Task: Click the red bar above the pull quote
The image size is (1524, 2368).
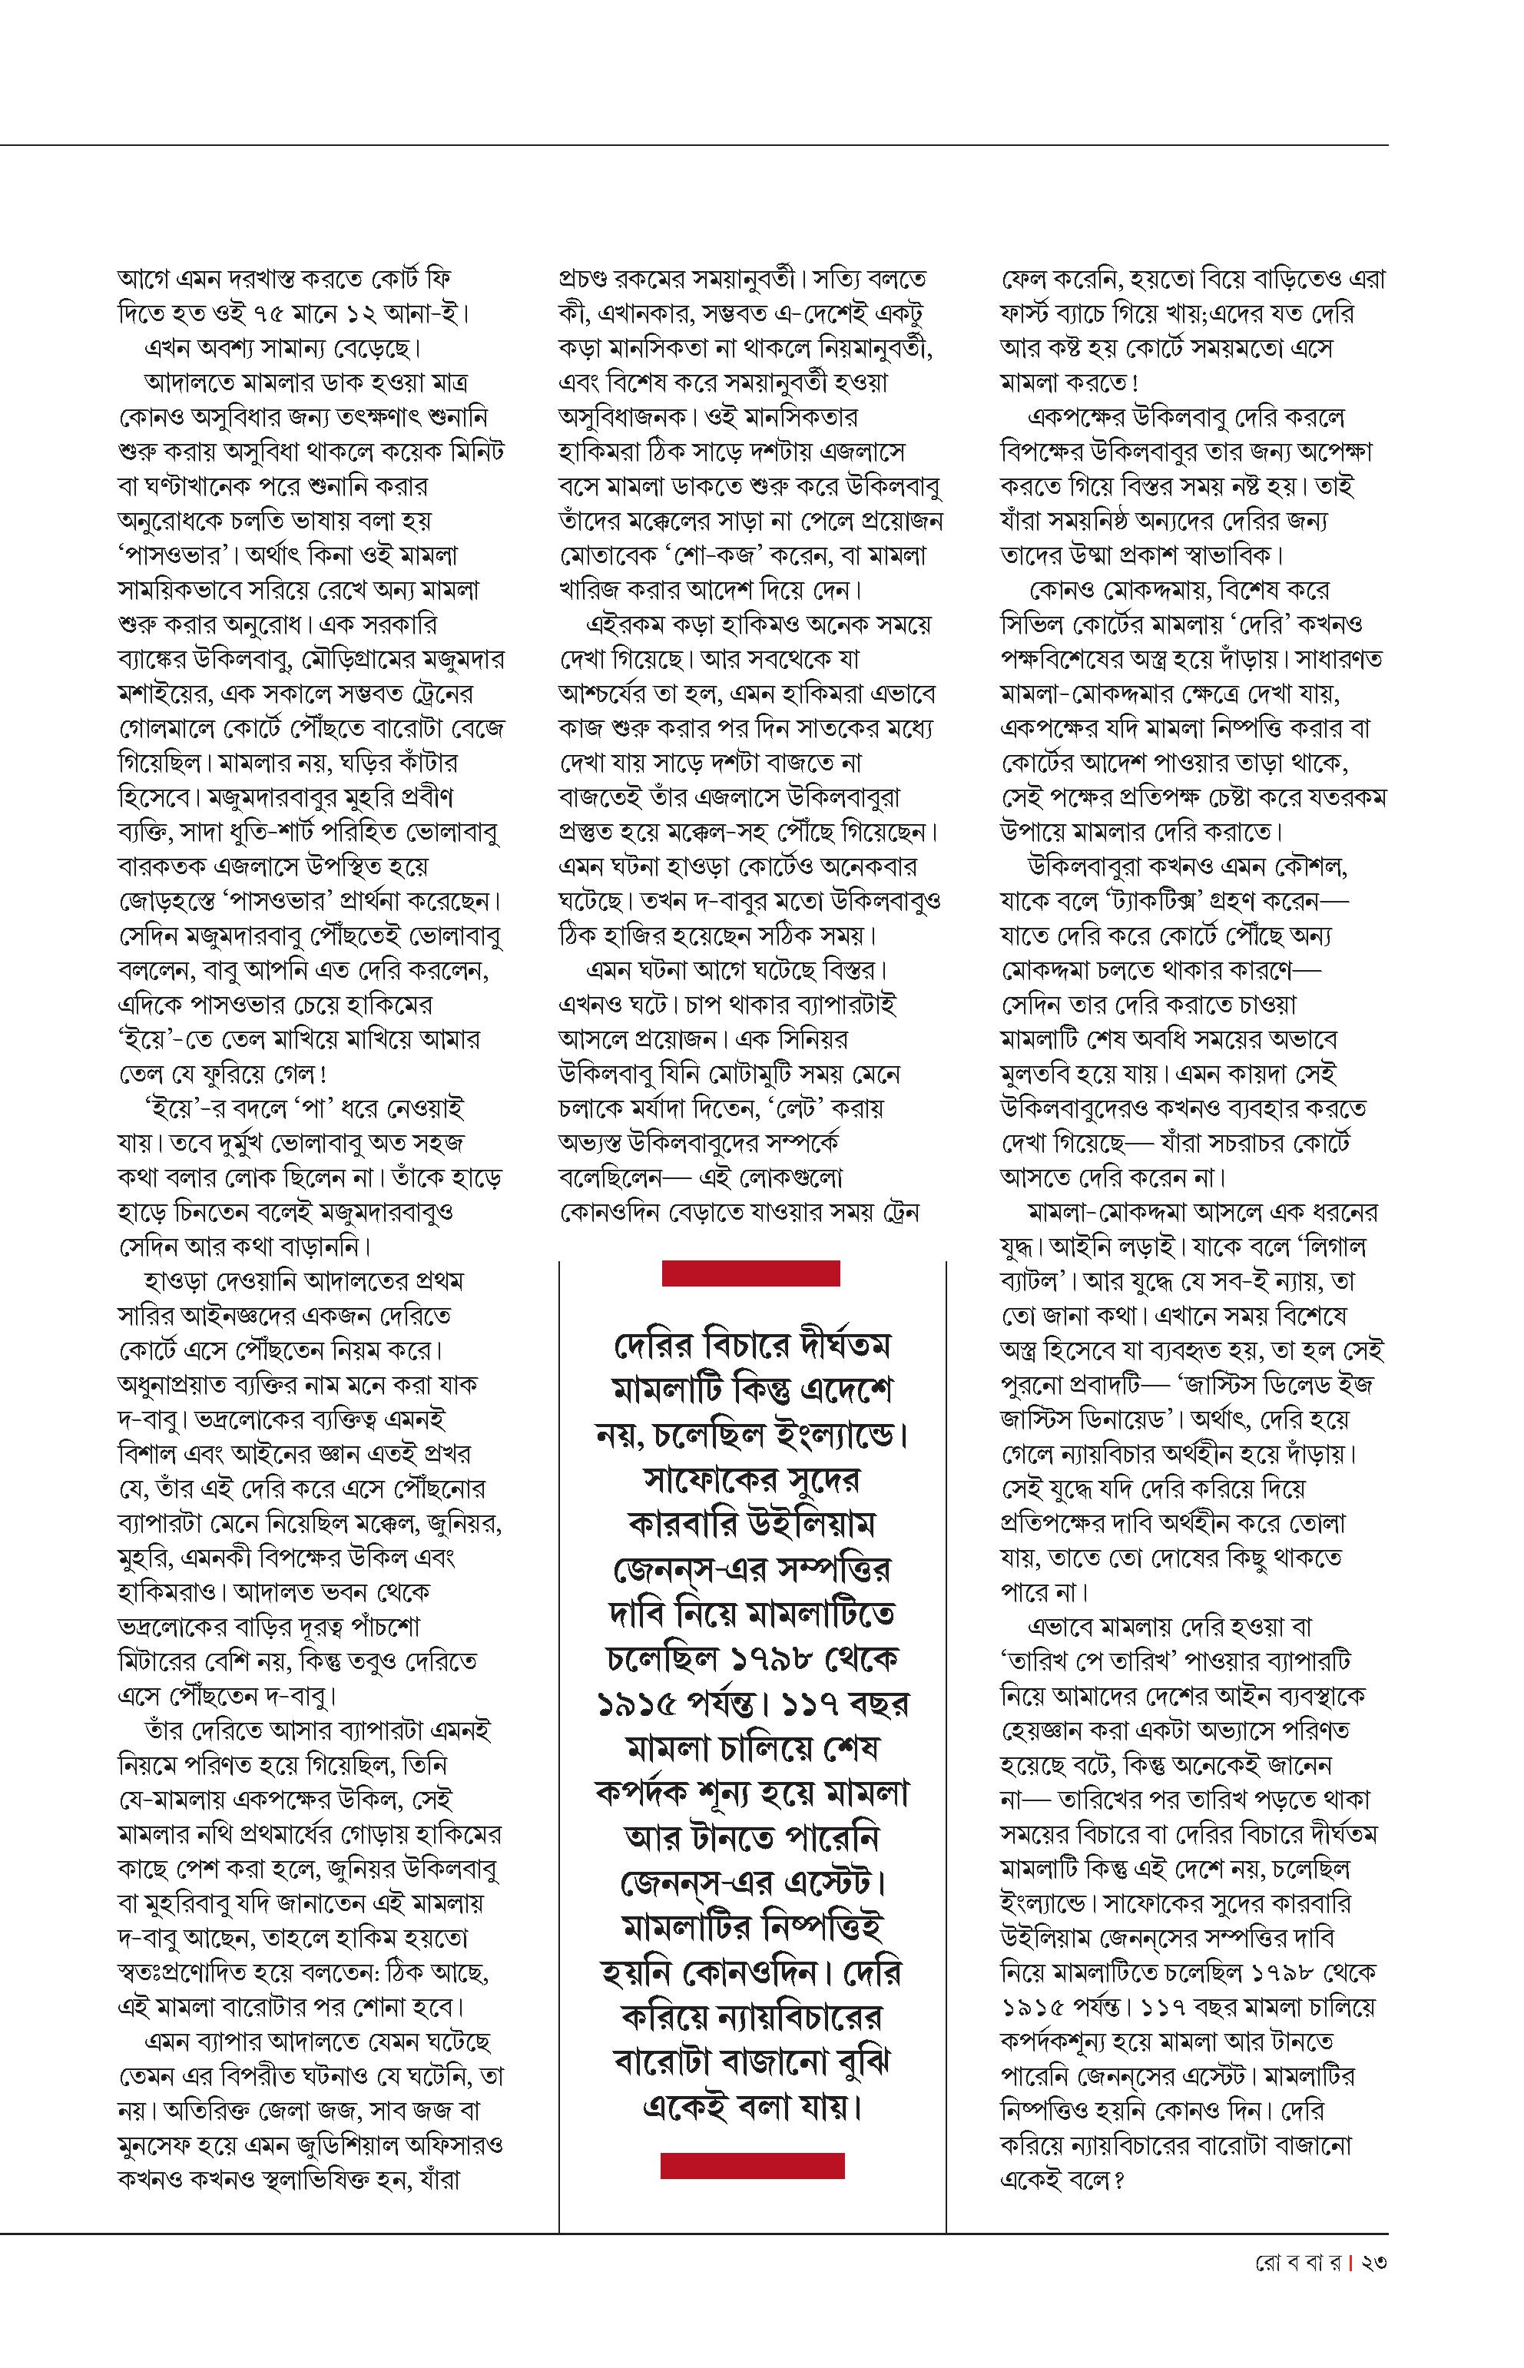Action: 750,1273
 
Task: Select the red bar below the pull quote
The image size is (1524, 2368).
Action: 752,2166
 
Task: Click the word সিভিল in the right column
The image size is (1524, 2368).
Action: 1030,624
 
